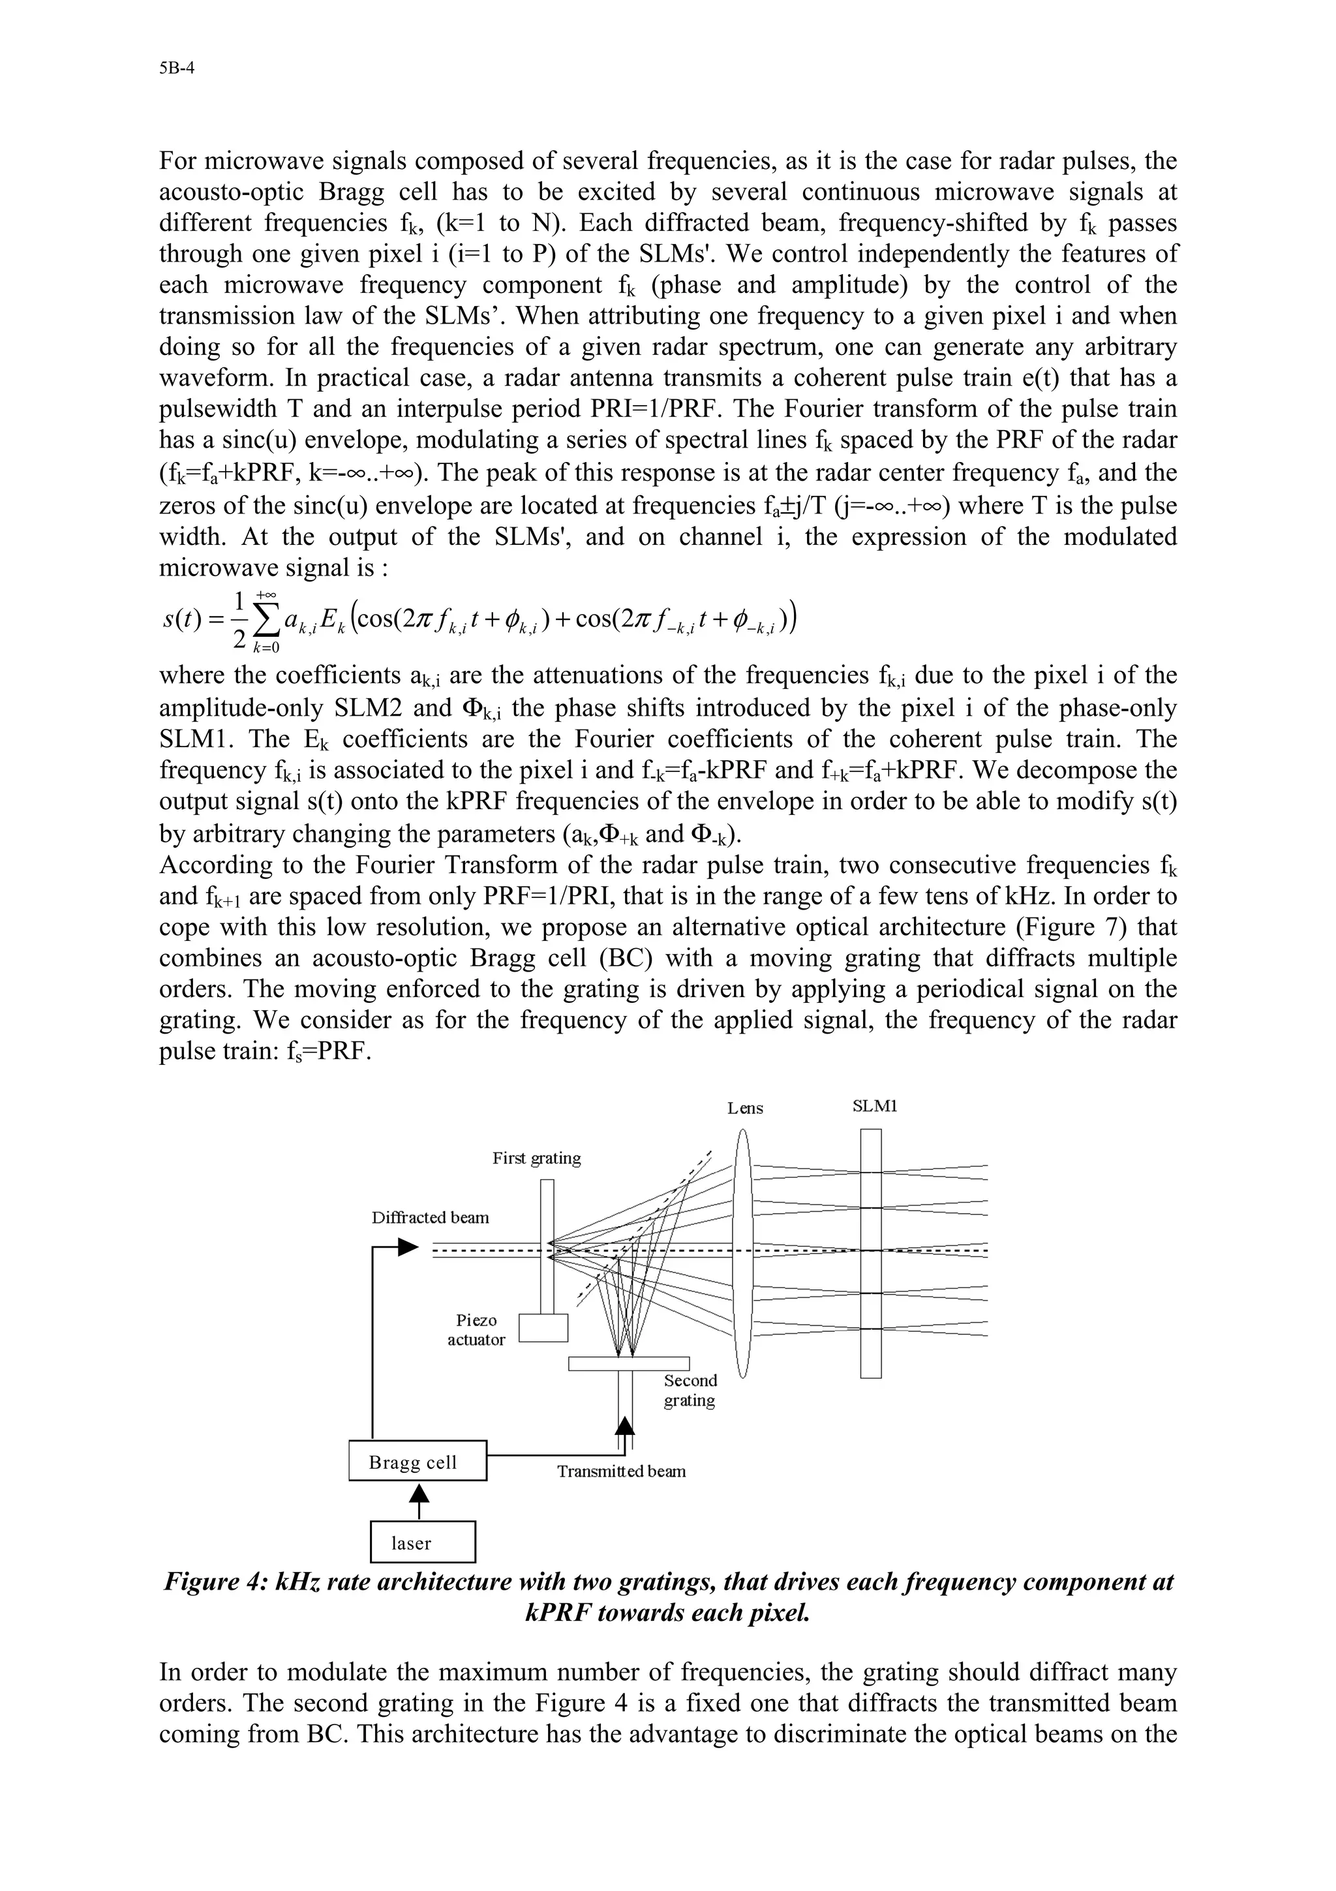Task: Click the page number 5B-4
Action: click(x=176, y=69)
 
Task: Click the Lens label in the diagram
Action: click(x=745, y=1109)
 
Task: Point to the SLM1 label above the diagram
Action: click(x=874, y=1106)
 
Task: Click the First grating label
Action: click(x=536, y=1158)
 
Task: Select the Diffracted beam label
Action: click(x=430, y=1218)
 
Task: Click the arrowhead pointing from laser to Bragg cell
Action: click(x=420, y=1493)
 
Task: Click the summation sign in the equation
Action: click(x=265, y=619)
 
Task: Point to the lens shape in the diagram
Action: click(x=742, y=1252)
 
